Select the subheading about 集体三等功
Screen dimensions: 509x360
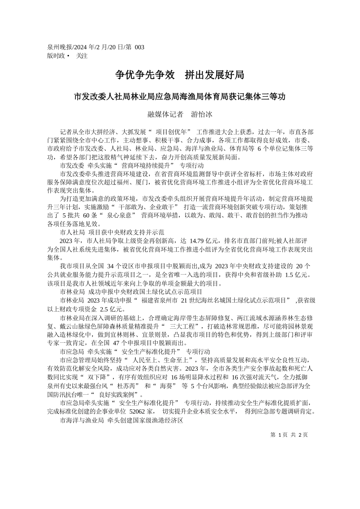pos(180,97)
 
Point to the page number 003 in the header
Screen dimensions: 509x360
pos(139,47)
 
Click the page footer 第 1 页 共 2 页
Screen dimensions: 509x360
pos(289,435)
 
